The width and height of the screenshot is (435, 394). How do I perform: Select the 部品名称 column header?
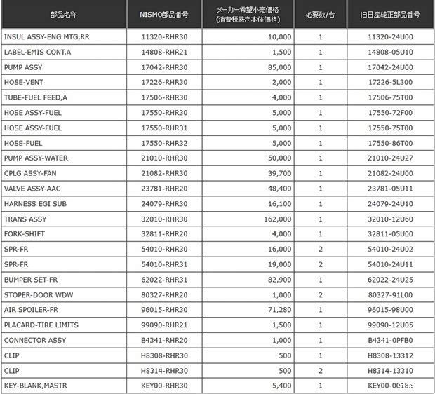65,13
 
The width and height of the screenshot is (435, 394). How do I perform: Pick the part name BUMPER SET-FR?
32,280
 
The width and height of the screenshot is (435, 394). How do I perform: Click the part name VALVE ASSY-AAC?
34,189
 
